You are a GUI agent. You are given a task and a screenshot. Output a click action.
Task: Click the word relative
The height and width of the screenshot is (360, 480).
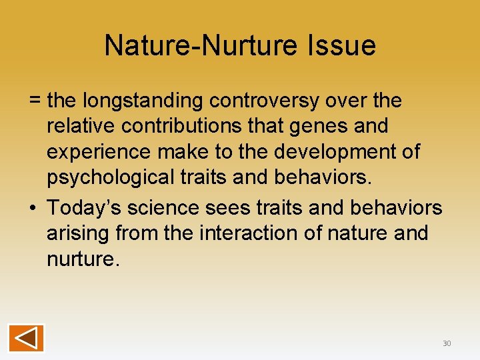[x=81, y=126]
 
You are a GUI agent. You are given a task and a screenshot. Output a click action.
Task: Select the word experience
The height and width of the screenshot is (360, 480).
[x=99, y=153]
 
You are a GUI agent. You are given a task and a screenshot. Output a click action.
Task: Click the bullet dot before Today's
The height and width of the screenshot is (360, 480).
[x=33, y=208]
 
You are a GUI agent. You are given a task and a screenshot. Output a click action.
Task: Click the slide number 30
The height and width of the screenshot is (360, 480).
[x=446, y=343]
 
